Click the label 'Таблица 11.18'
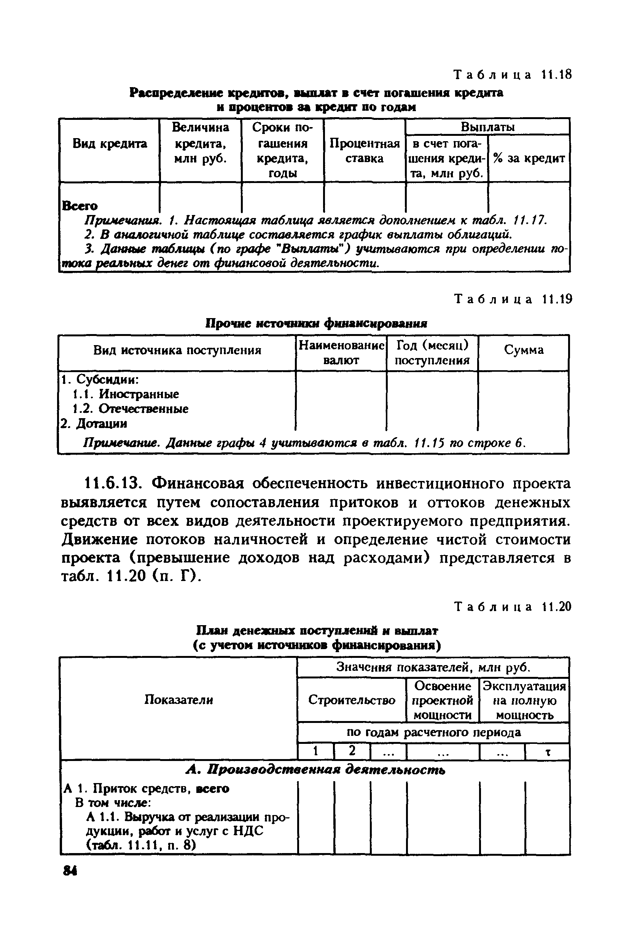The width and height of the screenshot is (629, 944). pyautogui.click(x=512, y=75)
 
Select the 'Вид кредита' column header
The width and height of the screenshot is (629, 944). pyautogui.click(x=110, y=143)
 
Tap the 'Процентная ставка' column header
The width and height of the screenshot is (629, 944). pyautogui.click(x=364, y=151)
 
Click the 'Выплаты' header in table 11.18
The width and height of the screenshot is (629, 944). pyautogui.click(x=487, y=127)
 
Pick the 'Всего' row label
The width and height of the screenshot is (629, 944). pyautogui.click(x=80, y=206)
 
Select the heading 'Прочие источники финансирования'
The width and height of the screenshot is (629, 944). pyautogui.click(x=316, y=323)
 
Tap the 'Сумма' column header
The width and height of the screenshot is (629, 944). pyautogui.click(x=524, y=350)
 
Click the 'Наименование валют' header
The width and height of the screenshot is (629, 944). pyautogui.click(x=341, y=352)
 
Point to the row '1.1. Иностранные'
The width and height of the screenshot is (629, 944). pyautogui.click(x=126, y=394)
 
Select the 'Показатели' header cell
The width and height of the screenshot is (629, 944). pyautogui.click(x=178, y=700)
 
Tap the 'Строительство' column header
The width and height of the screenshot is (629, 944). pyautogui.click(x=351, y=700)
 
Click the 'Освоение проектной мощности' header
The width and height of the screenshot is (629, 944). pyautogui.click(x=443, y=700)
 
